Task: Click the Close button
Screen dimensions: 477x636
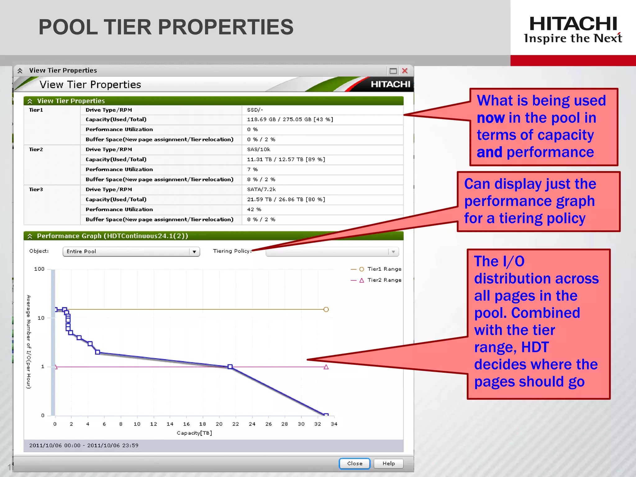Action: coord(354,463)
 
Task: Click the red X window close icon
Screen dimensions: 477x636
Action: coord(405,71)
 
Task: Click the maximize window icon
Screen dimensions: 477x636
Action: coord(393,71)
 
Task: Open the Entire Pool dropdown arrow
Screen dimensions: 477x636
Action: coord(194,252)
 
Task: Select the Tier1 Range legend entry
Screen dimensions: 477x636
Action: coord(384,269)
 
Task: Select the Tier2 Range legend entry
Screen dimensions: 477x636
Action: coord(384,280)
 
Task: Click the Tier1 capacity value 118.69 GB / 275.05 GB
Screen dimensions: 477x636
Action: coord(290,120)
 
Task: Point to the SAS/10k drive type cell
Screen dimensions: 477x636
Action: coord(259,149)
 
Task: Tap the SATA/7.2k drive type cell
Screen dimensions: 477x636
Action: coord(261,189)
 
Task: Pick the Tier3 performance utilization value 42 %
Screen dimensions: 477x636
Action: coord(254,210)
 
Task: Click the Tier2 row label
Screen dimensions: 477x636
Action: coord(36,149)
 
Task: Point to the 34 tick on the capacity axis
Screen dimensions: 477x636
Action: coord(334,424)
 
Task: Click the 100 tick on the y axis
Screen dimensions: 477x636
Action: coord(39,269)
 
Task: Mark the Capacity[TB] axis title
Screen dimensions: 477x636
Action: coord(194,433)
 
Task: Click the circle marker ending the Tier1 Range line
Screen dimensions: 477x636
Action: coord(326,309)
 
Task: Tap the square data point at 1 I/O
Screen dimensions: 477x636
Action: coord(230,367)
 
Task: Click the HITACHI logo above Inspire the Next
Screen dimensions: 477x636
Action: coord(573,24)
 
